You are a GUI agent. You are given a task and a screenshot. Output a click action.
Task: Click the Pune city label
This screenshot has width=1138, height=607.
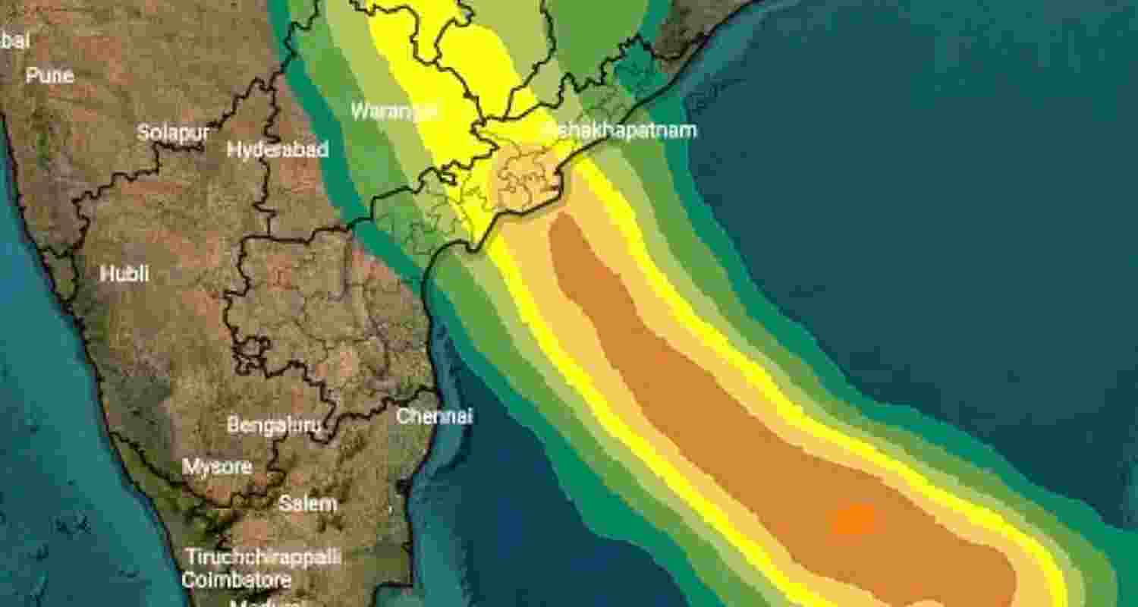50,76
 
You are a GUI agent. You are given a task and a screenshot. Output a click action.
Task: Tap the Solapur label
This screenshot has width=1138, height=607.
173,132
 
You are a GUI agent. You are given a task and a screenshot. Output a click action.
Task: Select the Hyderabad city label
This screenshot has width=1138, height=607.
278,149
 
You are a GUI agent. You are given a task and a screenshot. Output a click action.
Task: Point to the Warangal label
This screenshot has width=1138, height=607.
394,111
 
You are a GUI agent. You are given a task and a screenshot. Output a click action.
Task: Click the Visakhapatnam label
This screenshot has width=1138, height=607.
618,130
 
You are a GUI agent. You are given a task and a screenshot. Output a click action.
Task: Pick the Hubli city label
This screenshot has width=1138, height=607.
124,274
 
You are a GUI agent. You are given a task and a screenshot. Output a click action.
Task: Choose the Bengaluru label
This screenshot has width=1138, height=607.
273,426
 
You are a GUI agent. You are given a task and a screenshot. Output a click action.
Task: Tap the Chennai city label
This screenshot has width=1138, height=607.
435,416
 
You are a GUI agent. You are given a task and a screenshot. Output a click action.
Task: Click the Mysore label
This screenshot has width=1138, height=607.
217,467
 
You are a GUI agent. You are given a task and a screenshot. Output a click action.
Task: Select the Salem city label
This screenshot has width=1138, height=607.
307,503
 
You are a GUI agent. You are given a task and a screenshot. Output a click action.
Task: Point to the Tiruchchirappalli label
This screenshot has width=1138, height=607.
263,558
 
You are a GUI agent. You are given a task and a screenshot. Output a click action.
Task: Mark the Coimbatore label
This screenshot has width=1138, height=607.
236,580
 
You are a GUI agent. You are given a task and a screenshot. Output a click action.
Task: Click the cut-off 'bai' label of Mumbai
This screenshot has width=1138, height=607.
15,40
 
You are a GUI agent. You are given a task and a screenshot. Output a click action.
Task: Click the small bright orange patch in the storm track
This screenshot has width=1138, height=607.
854,520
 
